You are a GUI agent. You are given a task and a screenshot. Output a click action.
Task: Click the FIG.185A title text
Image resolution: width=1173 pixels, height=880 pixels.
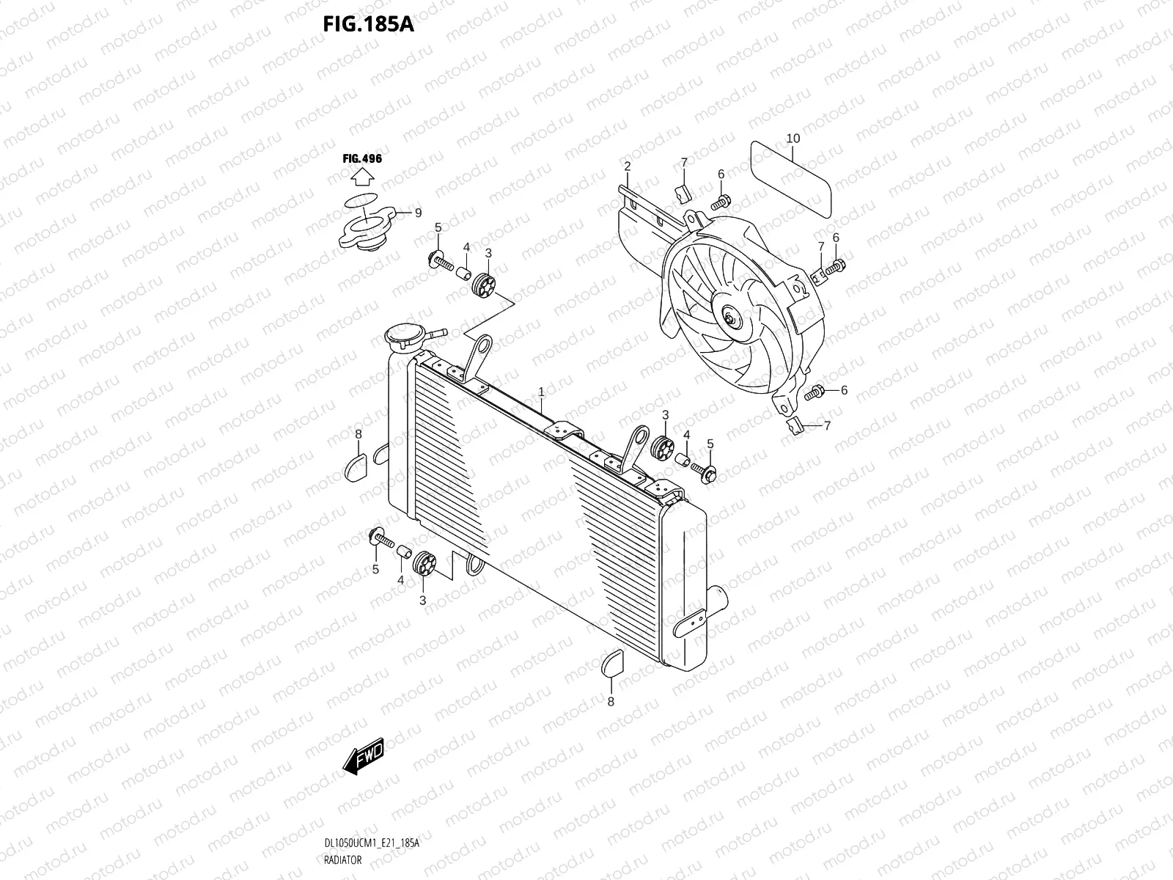point(369,25)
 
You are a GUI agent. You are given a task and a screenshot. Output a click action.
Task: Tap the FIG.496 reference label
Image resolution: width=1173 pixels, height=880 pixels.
point(362,158)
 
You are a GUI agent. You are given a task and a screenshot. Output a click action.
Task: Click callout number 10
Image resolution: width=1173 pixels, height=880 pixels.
point(793,138)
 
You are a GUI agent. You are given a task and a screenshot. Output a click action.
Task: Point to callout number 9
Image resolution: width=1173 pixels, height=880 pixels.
point(418,213)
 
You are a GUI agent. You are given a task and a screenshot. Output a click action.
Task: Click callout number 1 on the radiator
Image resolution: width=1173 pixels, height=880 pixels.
point(541,392)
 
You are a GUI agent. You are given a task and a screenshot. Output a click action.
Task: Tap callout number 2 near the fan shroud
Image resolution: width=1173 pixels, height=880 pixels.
point(628,166)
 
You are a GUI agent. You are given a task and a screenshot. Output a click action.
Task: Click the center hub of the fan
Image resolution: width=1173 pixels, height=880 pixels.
point(731,318)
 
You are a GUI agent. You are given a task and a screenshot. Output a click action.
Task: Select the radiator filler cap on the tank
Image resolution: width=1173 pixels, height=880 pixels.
point(402,339)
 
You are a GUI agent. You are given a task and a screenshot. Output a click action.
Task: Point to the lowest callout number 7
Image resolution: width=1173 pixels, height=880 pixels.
point(827,425)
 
